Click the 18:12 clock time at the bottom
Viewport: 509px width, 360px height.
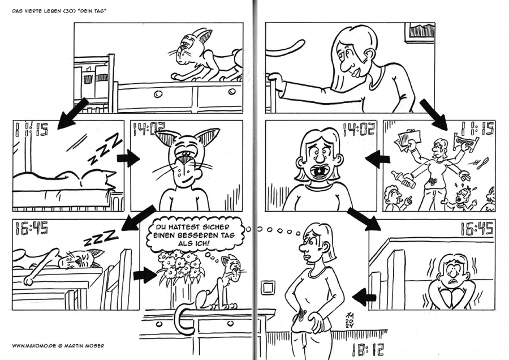pyautogui.click(x=368, y=350)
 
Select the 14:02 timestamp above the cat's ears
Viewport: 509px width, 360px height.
pyautogui.click(x=149, y=129)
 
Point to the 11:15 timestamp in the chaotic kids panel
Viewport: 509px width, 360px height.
pyautogui.click(x=477, y=128)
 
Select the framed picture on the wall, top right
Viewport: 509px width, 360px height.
pyautogui.click(x=421, y=32)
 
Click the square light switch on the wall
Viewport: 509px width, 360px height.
pyautogui.click(x=269, y=288)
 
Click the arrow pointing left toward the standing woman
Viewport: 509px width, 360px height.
pyautogui.click(x=365, y=297)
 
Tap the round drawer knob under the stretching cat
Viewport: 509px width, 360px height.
pyautogui.click(x=158, y=94)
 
